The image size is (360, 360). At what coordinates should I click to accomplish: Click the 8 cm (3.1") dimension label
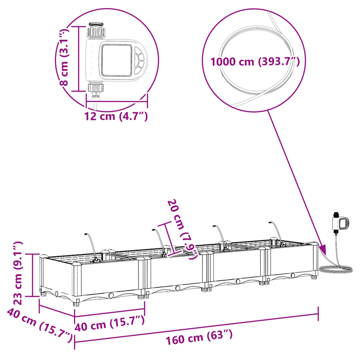(x=64, y=57)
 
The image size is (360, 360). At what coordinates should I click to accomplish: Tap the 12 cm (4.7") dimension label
(x=116, y=116)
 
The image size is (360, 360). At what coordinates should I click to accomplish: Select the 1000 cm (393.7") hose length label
(x=255, y=62)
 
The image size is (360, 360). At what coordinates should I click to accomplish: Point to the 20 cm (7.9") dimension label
(x=182, y=229)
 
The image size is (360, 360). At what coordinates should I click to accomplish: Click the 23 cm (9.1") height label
(x=18, y=273)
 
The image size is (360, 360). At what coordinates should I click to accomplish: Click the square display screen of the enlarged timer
(x=117, y=60)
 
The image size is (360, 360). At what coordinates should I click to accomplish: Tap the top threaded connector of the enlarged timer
(x=96, y=30)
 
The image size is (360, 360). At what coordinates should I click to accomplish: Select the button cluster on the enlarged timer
(x=139, y=60)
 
